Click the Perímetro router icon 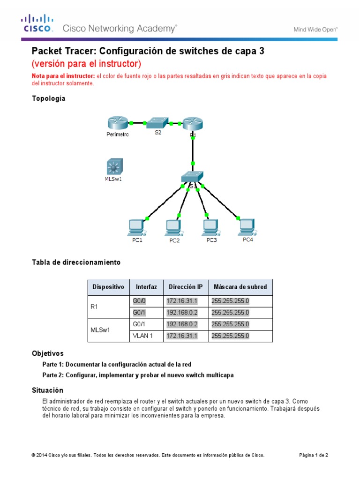pyautogui.click(x=117, y=123)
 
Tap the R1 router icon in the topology pyautogui.click(x=192, y=123)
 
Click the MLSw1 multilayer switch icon pyautogui.click(x=113, y=166)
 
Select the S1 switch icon pyautogui.click(x=192, y=177)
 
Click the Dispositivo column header pyautogui.click(x=108, y=287)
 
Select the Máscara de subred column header pyautogui.click(x=240, y=287)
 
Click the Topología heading pyautogui.click(x=48, y=98)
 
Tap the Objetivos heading pyautogui.click(x=47, y=353)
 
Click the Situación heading pyautogui.click(x=47, y=390)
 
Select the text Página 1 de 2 pyautogui.click(x=314, y=455)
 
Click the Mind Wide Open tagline pyautogui.click(x=315, y=29)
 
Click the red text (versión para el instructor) pyautogui.click(x=86, y=63)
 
